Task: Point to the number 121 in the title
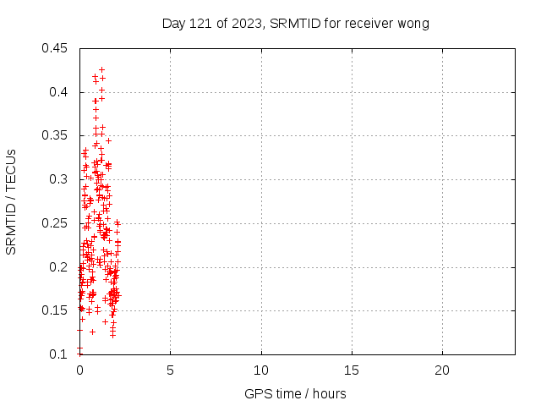(x=199, y=24)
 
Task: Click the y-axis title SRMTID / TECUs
(x=11, y=201)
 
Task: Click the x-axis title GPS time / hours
(x=295, y=393)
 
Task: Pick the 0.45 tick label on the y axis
(x=56, y=48)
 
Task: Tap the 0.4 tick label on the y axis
(x=59, y=91)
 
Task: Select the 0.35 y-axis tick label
(x=56, y=135)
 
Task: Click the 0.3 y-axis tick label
(x=59, y=179)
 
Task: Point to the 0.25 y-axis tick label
(x=56, y=223)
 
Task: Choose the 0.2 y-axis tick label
(x=59, y=267)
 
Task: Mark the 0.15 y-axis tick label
(x=56, y=310)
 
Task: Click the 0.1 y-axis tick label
(x=59, y=354)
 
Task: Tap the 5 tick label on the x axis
(x=170, y=370)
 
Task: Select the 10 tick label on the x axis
(x=261, y=370)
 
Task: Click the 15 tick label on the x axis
(x=352, y=370)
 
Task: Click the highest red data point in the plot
(x=101, y=69)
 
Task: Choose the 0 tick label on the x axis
(x=79, y=370)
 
